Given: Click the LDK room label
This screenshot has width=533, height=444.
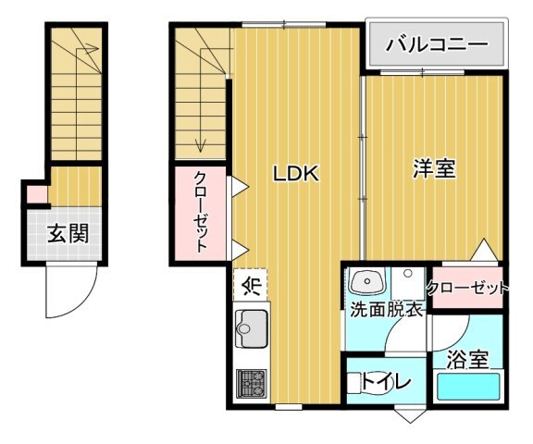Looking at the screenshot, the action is pos(296,174).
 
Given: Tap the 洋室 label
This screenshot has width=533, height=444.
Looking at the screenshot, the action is pos(434,168).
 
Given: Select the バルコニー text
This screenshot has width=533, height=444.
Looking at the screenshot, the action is pos(437,44).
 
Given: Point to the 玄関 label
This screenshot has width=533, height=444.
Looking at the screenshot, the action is pos(68,233).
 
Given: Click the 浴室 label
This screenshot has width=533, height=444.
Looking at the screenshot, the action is pos(467,359).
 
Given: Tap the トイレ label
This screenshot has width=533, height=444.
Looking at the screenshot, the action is pos(386,382).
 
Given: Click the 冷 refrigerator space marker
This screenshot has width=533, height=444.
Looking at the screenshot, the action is pos(251,285).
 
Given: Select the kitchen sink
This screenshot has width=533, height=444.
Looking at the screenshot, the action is pos(252,329).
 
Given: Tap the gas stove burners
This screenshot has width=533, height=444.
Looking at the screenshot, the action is pos(252,383).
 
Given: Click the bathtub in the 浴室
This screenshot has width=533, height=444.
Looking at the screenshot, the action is pos(468,387).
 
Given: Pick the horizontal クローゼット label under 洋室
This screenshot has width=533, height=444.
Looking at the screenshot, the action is pos(467,289).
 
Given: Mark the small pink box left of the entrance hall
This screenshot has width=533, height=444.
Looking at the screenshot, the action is pos(37,194).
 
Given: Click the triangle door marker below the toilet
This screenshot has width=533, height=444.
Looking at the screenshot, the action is pos(410,415).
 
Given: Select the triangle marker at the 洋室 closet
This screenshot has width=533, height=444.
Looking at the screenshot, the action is pos(484,250).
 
